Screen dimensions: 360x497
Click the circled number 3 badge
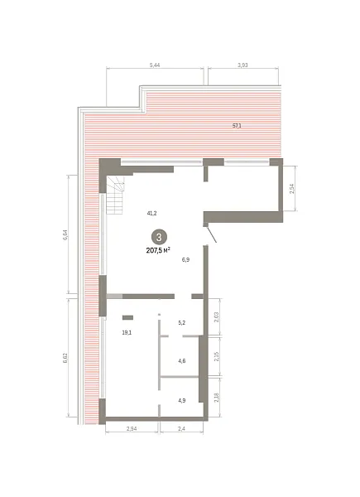pos(159,237)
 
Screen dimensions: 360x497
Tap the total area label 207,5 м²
pos(158,251)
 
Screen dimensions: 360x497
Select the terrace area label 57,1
pos(237,126)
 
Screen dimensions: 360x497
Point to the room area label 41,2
pos(151,214)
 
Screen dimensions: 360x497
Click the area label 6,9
pos(185,260)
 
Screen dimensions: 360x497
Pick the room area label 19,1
pos(127,332)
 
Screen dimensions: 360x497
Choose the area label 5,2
pos(182,323)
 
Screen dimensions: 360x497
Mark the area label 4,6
pos(182,360)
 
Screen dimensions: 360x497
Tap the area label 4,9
pos(182,400)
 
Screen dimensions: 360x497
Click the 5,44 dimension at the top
pos(155,65)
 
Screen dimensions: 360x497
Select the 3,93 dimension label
pos(242,65)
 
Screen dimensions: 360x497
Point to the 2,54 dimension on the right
pos(292,189)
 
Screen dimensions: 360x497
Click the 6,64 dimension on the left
pos(65,235)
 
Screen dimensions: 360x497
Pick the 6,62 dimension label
pos(65,358)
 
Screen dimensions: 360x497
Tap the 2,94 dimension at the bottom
pos(132,429)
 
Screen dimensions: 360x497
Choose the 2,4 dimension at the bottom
pos(182,429)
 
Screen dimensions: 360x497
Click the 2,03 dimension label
pos(217,317)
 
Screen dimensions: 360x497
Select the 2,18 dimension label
pos(217,398)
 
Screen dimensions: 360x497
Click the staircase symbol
pos(115,195)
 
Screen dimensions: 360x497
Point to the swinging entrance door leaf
pos(212,234)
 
